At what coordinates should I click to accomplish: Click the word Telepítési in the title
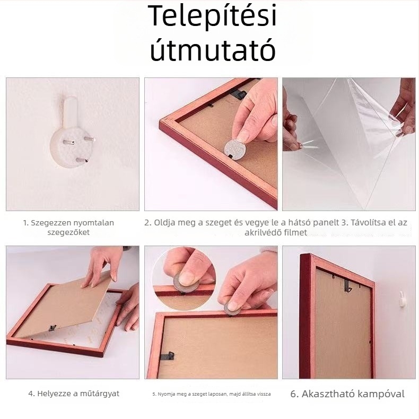(x=212, y=17)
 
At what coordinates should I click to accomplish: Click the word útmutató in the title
(x=212, y=51)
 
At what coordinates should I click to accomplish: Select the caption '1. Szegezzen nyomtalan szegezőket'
(x=68, y=228)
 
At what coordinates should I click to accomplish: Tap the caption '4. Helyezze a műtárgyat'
(x=74, y=394)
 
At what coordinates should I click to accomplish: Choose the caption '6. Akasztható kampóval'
(x=347, y=394)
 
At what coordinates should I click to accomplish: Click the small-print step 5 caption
(x=211, y=394)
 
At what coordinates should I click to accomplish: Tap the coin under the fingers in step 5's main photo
(x=232, y=307)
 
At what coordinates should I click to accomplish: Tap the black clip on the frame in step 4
(x=53, y=328)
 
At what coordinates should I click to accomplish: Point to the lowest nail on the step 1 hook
(x=80, y=160)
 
